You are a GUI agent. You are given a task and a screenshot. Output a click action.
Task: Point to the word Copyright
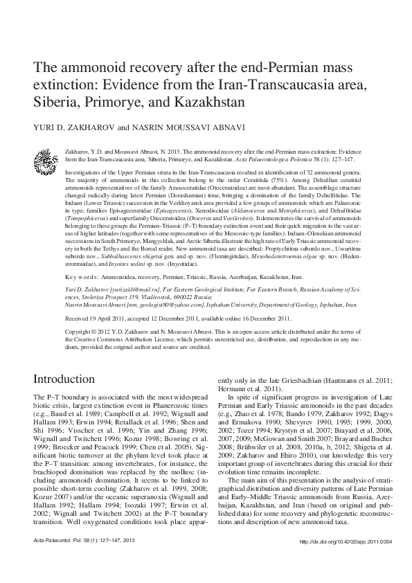coord(79,332)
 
